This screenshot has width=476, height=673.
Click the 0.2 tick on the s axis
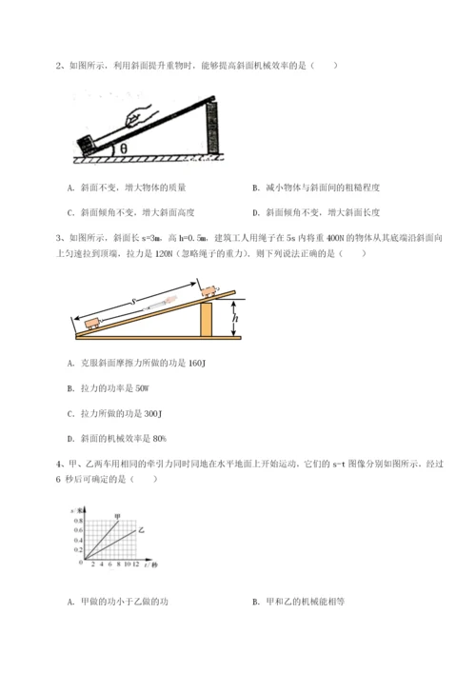click(x=76, y=550)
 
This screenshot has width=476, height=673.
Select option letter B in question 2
click(x=256, y=188)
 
